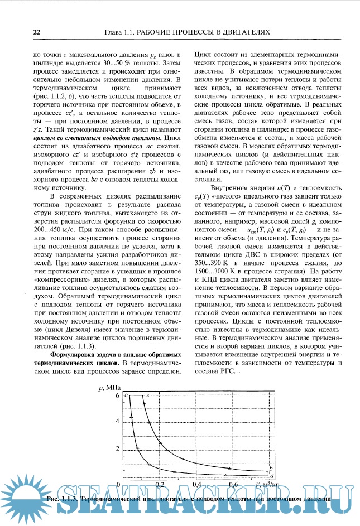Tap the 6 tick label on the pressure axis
(x=118, y=395)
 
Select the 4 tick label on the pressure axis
(x=118, y=422)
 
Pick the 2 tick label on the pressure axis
(x=118, y=449)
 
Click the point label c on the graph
(x=127, y=395)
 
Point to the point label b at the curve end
(x=271, y=467)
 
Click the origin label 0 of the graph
(x=118, y=478)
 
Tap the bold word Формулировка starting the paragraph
(x=74, y=355)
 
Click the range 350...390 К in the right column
(x=213, y=262)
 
